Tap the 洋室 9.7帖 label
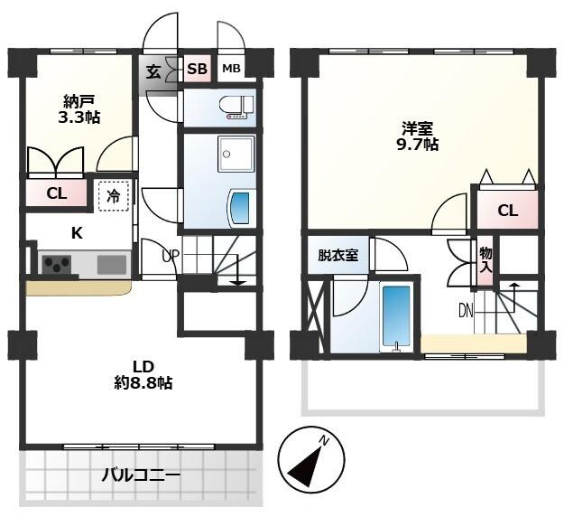tap(420, 135)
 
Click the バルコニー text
tap(140, 475)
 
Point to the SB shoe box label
tap(197, 70)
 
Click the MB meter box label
tap(231, 70)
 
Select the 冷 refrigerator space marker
tap(114, 194)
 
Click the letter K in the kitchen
tap(77, 233)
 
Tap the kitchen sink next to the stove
tap(112, 264)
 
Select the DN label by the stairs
tap(467, 312)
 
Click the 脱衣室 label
tap(337, 256)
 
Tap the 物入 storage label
tap(485, 259)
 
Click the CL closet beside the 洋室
tap(507, 211)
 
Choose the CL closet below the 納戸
tap(56, 193)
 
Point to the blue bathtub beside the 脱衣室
tap(394, 316)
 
